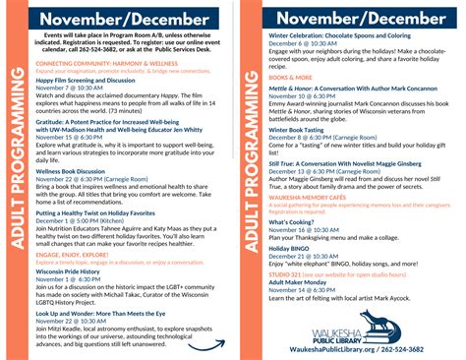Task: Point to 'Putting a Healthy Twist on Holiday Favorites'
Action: coord(96,212)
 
